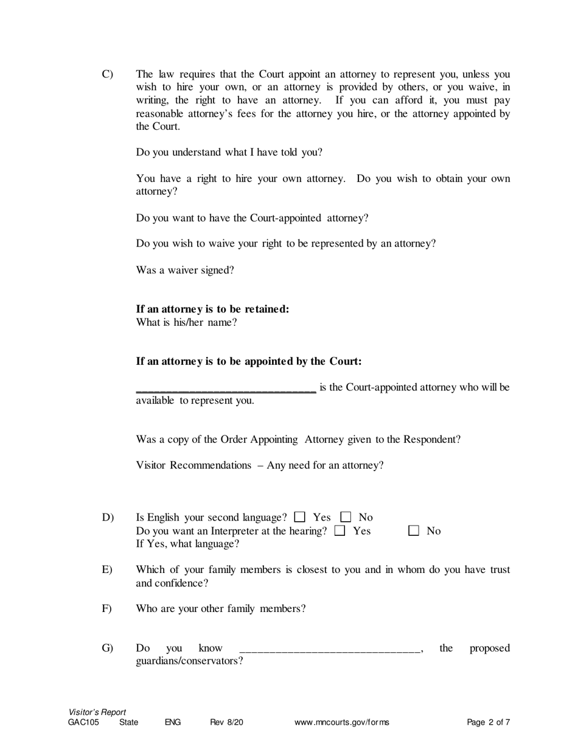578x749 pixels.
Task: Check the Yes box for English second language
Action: [299, 518]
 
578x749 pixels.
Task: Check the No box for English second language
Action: [346, 518]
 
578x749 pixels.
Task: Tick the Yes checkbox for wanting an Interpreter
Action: [340, 531]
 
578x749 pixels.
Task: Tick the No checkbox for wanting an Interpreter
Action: [414, 531]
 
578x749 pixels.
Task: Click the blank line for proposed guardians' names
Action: [330, 650]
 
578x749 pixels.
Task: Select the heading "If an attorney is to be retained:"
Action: [212, 309]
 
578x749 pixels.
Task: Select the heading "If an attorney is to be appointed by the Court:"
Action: [249, 361]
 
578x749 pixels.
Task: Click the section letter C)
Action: [107, 74]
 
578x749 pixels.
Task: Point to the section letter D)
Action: [108, 518]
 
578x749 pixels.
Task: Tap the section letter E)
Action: [107, 570]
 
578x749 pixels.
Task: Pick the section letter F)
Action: [107, 608]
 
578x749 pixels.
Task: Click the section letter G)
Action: [108, 648]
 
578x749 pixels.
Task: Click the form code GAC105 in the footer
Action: [83, 723]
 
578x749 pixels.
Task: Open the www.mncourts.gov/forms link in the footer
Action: [342, 723]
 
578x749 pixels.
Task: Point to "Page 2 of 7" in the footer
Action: [489, 723]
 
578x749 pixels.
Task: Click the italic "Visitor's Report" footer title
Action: [97, 712]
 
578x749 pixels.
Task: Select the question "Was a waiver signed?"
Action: [185, 270]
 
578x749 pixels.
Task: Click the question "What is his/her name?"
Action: [186, 323]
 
